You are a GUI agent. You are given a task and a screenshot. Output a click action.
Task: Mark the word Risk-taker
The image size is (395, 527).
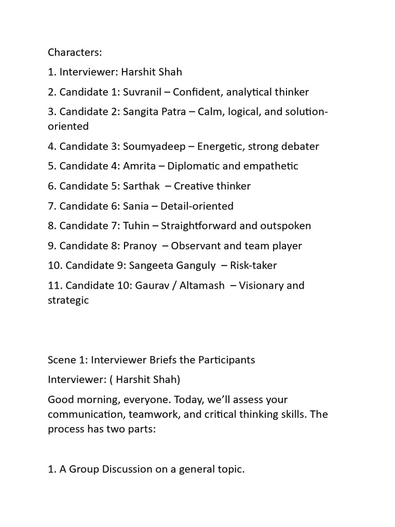coord(253,266)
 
